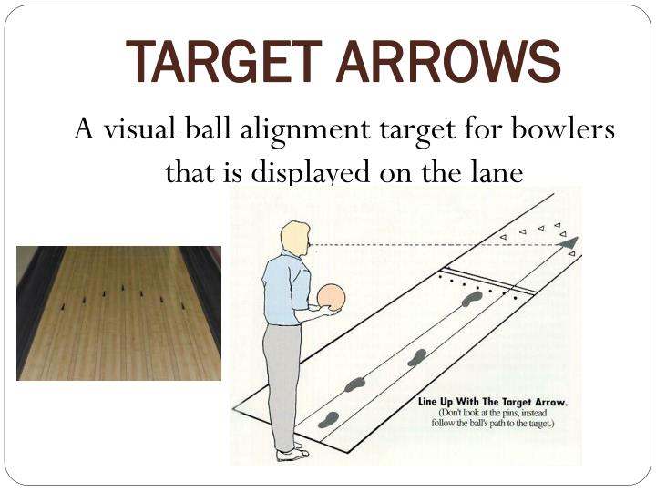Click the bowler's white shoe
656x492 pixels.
tap(292, 453)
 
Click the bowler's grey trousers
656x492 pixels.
tap(282, 383)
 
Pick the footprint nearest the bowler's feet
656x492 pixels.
tap(329, 419)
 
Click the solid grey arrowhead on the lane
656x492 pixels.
tap(569, 242)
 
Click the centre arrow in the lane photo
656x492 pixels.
tap(121, 293)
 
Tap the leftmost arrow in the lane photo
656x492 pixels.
tap(63, 307)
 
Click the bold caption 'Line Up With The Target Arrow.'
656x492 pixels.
tap(492, 401)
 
